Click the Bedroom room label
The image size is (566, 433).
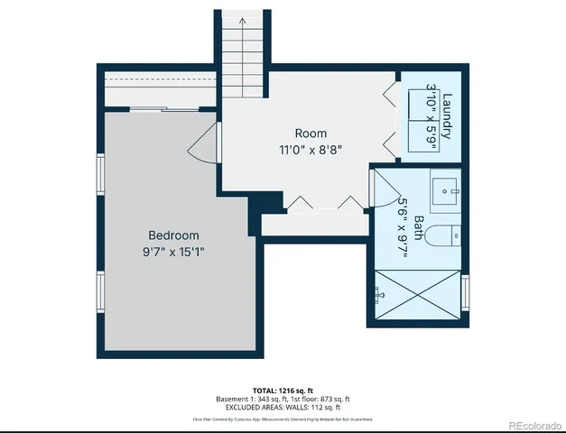(173, 235)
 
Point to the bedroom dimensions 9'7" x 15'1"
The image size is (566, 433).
(173, 252)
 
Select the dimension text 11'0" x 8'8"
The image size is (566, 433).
(311, 150)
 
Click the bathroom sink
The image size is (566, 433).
(445, 190)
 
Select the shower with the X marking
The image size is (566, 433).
(416, 294)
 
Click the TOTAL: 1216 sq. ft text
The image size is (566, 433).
(283, 390)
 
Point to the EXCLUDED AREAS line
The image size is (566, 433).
(283, 407)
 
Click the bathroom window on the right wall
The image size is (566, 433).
(466, 291)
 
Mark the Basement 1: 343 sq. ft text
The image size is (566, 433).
(249, 399)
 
